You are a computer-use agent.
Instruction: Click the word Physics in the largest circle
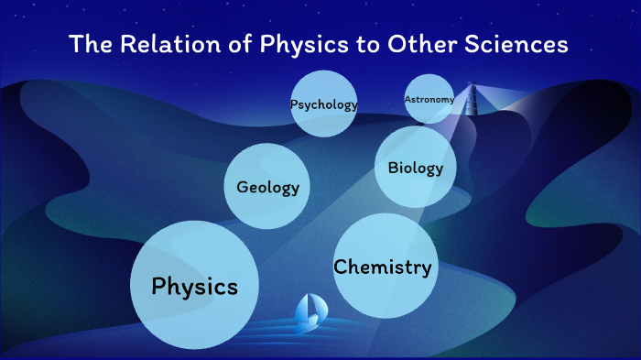[195, 287]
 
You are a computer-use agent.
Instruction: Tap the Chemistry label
[382, 267]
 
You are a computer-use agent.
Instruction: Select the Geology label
[268, 188]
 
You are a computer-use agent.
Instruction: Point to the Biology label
[415, 168]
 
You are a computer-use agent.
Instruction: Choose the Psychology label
[323, 104]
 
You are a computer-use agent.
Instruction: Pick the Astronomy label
[429, 99]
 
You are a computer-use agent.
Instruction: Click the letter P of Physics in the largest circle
[159, 286]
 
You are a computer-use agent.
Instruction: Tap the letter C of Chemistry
[341, 267]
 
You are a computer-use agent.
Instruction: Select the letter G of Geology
[243, 188]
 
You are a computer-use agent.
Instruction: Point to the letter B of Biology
[393, 168]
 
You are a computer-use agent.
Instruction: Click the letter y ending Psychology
[353, 106]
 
